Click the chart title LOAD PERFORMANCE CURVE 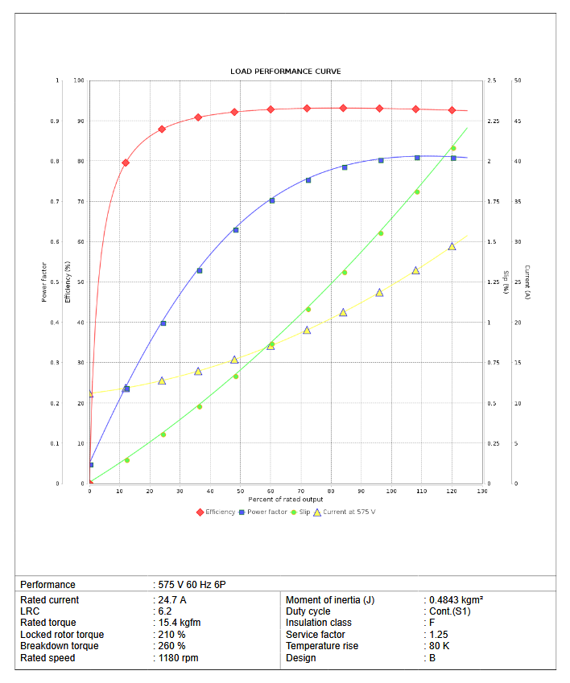pos(285,72)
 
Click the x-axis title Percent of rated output pos(286,500)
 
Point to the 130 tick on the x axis pos(481,491)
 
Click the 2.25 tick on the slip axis pos(494,121)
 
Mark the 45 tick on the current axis pos(518,121)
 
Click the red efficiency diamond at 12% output pos(126,163)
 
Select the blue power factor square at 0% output pos(90,465)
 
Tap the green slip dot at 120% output pos(453,148)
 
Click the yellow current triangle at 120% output pos(452,246)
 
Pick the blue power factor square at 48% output pos(236,230)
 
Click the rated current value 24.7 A pos(172,600)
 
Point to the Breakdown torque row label pos(60,646)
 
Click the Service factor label pos(315,635)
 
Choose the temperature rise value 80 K pos(440,646)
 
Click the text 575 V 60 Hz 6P pos(197,585)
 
